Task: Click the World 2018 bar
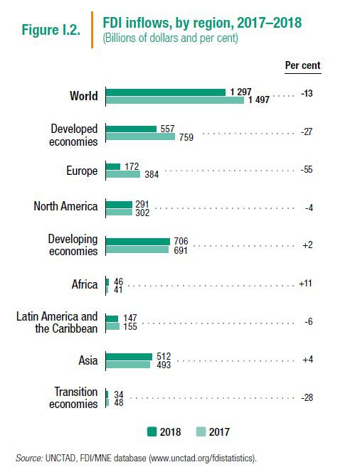coord(166,92)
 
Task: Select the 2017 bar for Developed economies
coord(140,136)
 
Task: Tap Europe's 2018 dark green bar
coord(113,166)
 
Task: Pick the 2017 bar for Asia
coord(128,365)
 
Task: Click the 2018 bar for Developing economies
coord(138,242)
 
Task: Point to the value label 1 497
coord(259,100)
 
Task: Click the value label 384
coord(152,174)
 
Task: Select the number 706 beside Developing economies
coord(181,241)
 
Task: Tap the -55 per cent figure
coord(307,170)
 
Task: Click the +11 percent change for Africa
coord(305,284)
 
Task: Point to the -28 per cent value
coord(307,397)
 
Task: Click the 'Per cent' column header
coord(303,65)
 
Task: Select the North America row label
coord(65,206)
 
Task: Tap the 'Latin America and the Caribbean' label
coord(57,323)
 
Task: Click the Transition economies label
coord(73,397)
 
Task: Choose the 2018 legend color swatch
coord(152,431)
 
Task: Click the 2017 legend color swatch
coord(201,431)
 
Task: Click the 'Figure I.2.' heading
coord(51,30)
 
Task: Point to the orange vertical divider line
coord(92,30)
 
